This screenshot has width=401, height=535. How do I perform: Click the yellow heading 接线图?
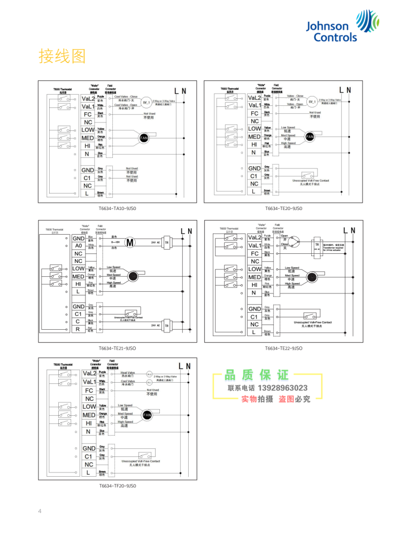pyautogui.click(x=62, y=56)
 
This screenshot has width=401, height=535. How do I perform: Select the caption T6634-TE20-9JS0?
pyautogui.click(x=284, y=209)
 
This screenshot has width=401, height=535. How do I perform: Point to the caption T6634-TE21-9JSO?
pyautogui.click(x=117, y=348)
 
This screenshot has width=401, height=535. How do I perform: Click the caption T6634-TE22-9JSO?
pyautogui.click(x=284, y=348)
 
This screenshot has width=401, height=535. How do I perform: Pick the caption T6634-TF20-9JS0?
pyautogui.click(x=117, y=486)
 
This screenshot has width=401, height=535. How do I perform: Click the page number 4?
pyautogui.click(x=40, y=511)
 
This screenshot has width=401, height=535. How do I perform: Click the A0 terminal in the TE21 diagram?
pyautogui.click(x=79, y=246)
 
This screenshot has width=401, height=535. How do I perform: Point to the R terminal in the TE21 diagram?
pyautogui.click(x=78, y=330)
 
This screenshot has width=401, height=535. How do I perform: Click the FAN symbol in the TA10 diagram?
pyautogui.click(x=143, y=138)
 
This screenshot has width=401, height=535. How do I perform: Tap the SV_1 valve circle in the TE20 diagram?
pyautogui.click(x=311, y=102)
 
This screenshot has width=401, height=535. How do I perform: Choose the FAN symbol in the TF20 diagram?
pyautogui.click(x=146, y=415)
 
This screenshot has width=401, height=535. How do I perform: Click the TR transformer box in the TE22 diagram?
pyautogui.click(x=317, y=244)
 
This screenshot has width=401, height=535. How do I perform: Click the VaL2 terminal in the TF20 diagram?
pyautogui.click(x=89, y=374)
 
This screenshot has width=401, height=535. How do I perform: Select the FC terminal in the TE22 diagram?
pyautogui.click(x=255, y=253)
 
